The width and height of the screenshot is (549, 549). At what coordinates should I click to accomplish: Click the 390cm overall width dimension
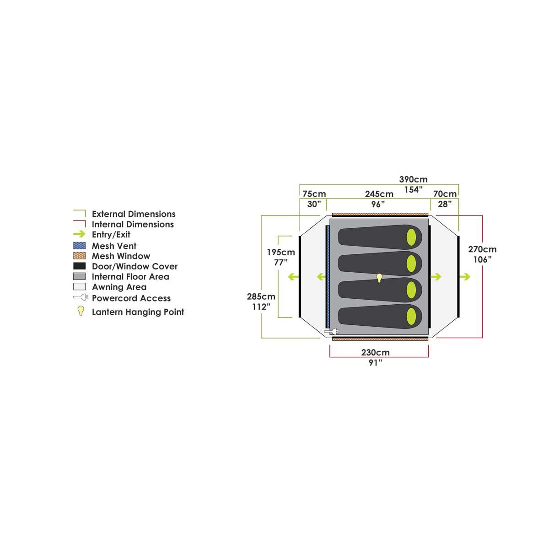pyautogui.click(x=413, y=180)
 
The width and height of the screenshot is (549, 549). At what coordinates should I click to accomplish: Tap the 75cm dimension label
pyautogui.click(x=314, y=194)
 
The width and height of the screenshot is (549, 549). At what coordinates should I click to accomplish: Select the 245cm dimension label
pyautogui.click(x=379, y=194)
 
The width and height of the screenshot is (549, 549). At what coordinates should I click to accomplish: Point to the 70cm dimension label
pyautogui.click(x=445, y=194)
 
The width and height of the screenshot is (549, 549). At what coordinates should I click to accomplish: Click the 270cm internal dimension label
pyautogui.click(x=482, y=250)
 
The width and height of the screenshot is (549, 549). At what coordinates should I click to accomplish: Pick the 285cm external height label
pyautogui.click(x=261, y=296)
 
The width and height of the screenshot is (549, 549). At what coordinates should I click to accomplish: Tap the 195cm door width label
pyautogui.click(x=281, y=252)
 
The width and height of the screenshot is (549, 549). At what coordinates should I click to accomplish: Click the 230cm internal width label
pyautogui.click(x=376, y=353)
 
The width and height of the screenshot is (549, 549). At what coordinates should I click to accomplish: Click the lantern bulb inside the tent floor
pyautogui.click(x=379, y=278)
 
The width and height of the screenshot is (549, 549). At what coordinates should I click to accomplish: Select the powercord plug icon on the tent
pyautogui.click(x=330, y=331)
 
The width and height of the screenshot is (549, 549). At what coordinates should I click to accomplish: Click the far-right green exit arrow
pyautogui.click(x=465, y=277)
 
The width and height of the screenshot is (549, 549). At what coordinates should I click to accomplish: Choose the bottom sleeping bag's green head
pyautogui.click(x=411, y=316)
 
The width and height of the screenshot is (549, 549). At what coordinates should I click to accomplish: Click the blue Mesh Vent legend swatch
pyautogui.click(x=79, y=246)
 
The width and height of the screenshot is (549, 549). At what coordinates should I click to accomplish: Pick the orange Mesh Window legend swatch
pyautogui.click(x=79, y=256)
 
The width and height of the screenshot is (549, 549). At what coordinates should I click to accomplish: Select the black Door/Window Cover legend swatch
pyautogui.click(x=79, y=266)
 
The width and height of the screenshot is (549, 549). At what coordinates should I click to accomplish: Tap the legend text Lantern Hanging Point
pyautogui.click(x=138, y=312)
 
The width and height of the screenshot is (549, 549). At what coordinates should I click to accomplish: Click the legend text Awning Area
pyautogui.click(x=119, y=287)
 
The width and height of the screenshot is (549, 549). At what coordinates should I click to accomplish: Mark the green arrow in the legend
pyautogui.click(x=79, y=234)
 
